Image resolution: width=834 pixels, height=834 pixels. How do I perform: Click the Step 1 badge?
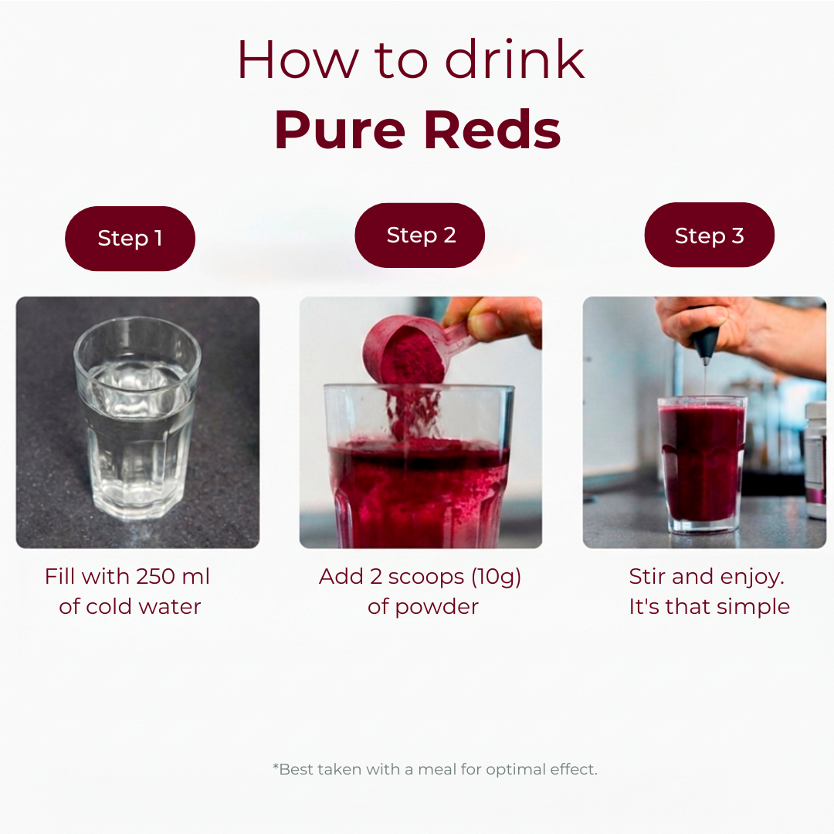[x=130, y=239]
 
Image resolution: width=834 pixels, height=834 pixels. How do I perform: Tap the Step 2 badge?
[x=419, y=235]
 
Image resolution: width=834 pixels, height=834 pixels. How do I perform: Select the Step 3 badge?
[x=709, y=235]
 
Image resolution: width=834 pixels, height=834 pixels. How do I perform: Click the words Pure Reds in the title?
[x=418, y=130]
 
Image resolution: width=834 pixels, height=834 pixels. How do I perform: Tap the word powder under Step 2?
[x=436, y=608]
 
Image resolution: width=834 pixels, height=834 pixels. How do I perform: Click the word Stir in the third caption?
[x=645, y=577]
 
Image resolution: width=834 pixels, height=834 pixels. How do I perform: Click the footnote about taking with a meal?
[x=435, y=769]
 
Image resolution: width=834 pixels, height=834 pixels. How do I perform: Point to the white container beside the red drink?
[x=816, y=460]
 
